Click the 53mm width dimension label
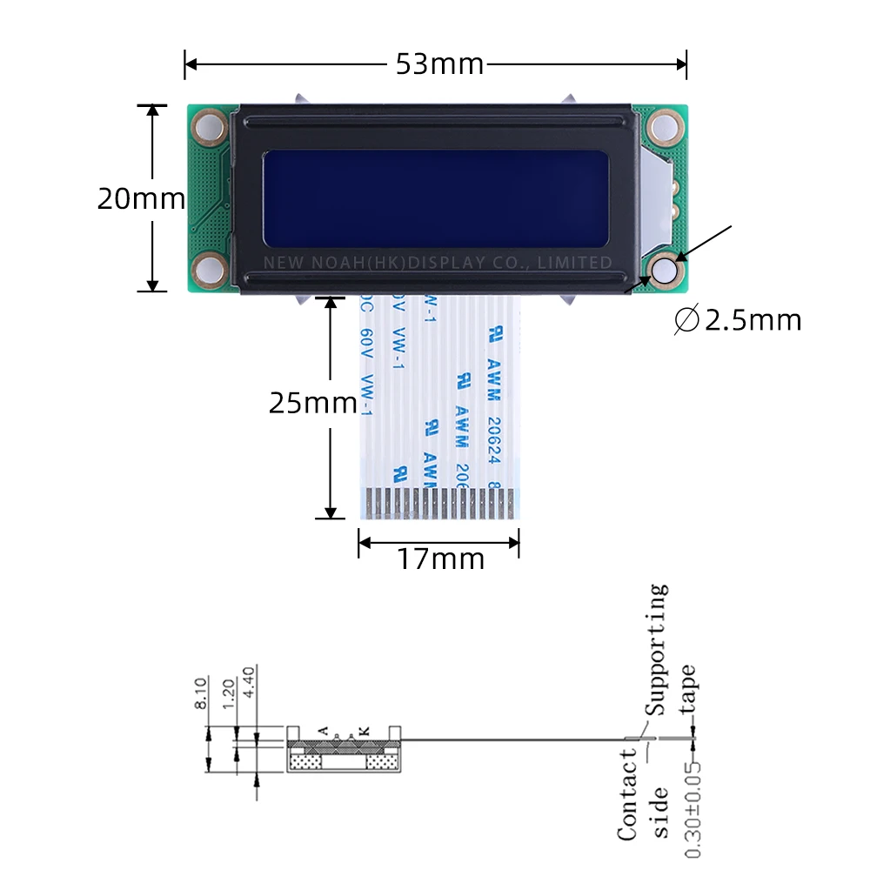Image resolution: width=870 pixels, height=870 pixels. point(439,64)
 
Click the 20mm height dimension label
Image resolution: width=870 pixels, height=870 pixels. point(140,199)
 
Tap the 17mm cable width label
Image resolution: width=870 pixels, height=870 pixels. point(440,559)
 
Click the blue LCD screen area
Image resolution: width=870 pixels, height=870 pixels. point(435,198)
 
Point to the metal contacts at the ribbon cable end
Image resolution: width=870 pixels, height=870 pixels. point(439,503)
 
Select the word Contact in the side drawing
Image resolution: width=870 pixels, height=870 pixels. point(628,793)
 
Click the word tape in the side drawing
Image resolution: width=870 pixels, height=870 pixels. point(687,689)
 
